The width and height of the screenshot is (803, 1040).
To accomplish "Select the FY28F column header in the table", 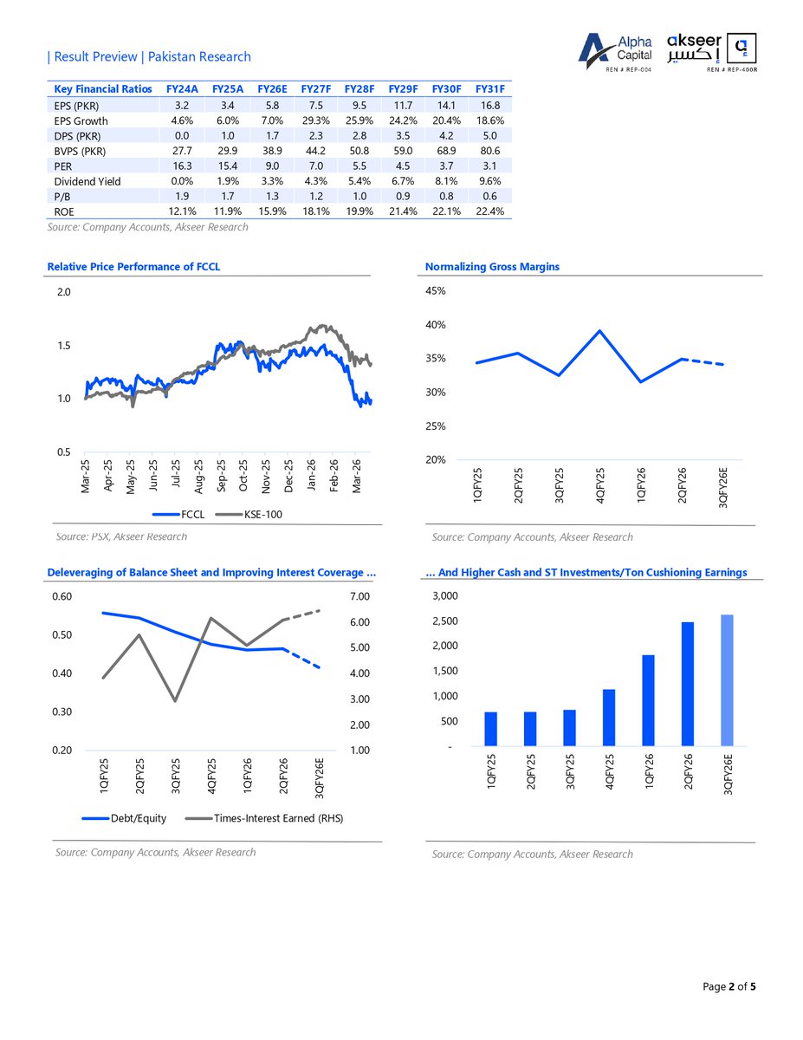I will [359, 89].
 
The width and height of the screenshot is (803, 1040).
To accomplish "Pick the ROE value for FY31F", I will [490, 211].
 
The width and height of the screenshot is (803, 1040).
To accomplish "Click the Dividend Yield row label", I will [87, 181].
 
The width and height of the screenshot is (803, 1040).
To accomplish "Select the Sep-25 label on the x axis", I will [221, 476].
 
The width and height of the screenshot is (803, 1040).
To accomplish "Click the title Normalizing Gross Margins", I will [492, 267].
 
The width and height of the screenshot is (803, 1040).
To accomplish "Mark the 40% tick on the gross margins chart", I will [435, 325].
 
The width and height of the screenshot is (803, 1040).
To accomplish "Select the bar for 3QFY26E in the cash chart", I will [727, 680].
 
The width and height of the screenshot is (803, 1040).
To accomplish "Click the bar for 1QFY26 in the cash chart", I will [648, 700].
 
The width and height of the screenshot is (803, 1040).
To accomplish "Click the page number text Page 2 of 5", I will [729, 986].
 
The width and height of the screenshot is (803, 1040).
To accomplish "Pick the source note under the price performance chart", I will [121, 536].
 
